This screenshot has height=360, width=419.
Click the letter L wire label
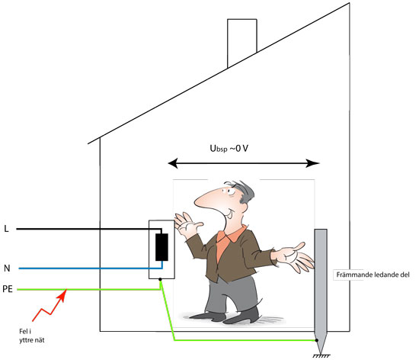(6, 229)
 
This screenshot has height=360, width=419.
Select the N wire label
(7, 268)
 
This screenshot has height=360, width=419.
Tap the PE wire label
(8, 289)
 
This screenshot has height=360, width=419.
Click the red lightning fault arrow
(50, 305)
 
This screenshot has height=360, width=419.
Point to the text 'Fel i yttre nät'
(31, 336)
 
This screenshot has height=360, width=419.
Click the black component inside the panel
(162, 247)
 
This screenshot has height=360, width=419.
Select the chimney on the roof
(241, 43)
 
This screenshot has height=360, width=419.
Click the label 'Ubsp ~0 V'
(229, 149)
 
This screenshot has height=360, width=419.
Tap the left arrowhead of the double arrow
(173, 163)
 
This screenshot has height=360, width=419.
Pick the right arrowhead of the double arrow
(312, 163)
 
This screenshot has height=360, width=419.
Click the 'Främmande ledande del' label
(373, 275)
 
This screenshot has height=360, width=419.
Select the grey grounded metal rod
(321, 290)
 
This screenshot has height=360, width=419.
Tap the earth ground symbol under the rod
(321, 356)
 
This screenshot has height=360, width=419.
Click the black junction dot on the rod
(317, 340)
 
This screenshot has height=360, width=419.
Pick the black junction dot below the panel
(160, 279)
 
